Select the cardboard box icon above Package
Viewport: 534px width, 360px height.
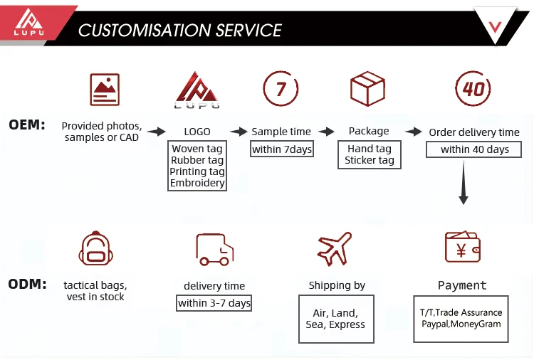tap(368, 88)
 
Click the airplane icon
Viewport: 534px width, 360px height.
tap(335, 249)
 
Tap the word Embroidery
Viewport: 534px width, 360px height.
tap(197, 183)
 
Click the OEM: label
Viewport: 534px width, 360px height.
tap(27, 125)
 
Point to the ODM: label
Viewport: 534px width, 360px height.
tap(27, 284)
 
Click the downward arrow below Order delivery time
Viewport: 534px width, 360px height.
tap(464, 183)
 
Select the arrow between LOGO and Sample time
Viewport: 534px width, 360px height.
tap(239, 132)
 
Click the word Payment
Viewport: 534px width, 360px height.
tap(462, 285)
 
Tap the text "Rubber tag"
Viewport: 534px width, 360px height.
tap(197, 160)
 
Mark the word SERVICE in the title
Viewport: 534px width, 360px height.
tap(248, 31)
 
